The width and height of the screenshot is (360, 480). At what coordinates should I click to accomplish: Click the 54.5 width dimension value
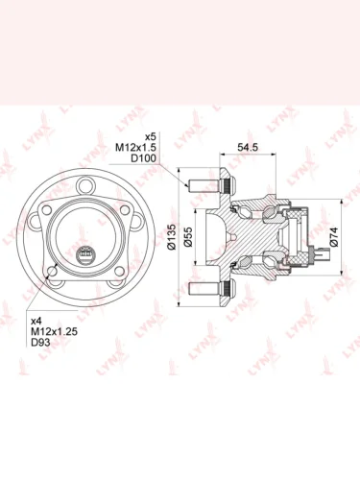248,147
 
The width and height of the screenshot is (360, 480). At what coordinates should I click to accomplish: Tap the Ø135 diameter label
172,237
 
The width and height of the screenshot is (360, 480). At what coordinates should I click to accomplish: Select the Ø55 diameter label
188,237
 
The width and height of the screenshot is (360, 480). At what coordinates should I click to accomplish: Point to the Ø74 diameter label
333,237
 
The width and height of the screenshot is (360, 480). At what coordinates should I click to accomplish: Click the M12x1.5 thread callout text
135,148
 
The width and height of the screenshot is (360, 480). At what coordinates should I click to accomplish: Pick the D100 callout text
144,158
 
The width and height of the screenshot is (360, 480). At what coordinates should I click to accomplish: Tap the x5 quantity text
151,137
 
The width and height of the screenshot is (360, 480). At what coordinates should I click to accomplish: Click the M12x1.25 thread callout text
54,331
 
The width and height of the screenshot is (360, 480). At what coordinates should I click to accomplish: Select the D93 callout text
40,343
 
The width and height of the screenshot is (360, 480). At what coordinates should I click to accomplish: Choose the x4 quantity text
36,321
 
